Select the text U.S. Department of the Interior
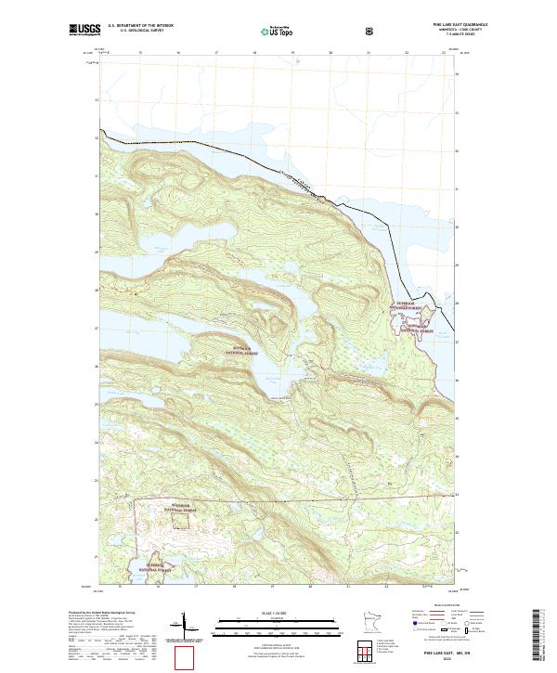pos(140,25)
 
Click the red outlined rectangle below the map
pos(186,657)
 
